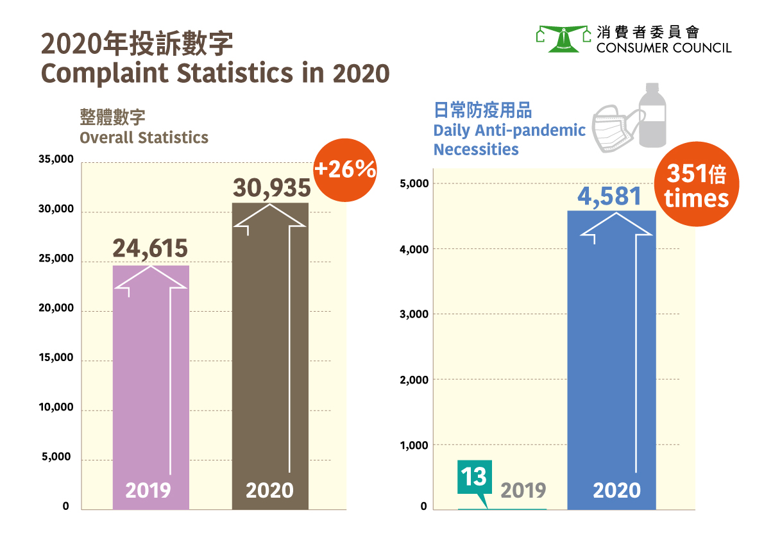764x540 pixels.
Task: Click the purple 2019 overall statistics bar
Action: [151, 385]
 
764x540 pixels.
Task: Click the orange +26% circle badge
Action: [344, 169]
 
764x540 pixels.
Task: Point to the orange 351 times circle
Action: [696, 184]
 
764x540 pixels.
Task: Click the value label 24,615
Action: [150, 248]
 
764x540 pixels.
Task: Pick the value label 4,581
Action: [609, 196]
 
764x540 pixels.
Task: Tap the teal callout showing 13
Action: [474, 477]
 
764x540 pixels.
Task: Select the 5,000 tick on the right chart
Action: [414, 183]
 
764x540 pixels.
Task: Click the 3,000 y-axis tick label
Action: [414, 314]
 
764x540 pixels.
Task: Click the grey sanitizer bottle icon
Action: [652, 115]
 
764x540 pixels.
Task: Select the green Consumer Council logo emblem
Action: [563, 39]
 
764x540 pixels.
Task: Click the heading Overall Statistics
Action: [144, 137]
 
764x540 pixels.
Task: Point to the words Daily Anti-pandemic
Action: [509, 130]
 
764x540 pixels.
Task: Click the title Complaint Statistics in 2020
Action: [216, 72]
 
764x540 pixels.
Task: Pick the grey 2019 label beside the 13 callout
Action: [523, 491]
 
